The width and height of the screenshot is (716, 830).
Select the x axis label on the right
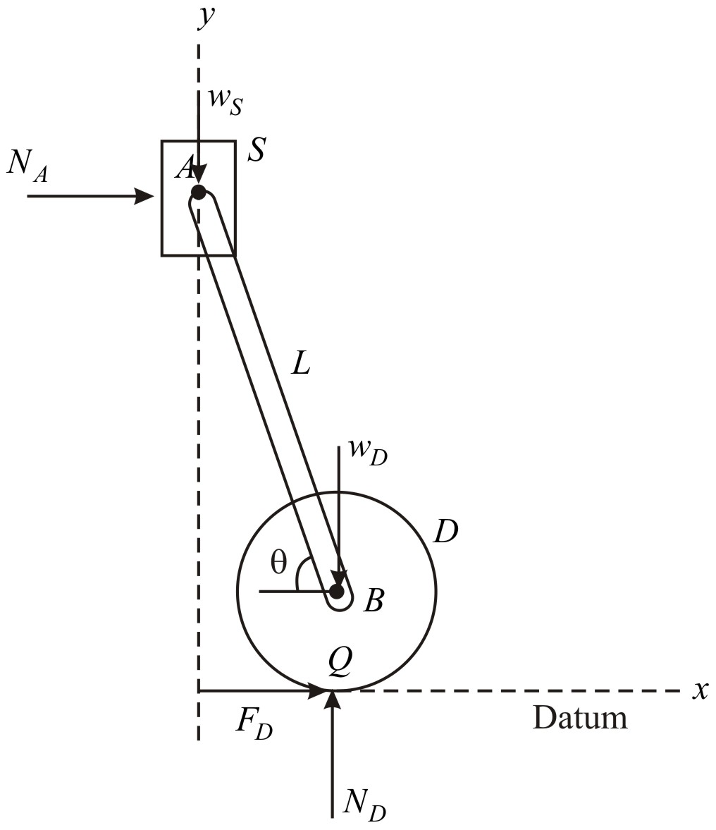[699, 690]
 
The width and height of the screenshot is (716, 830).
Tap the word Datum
[579, 718]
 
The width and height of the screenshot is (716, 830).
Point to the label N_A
[29, 166]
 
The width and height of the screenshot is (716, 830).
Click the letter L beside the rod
[300, 362]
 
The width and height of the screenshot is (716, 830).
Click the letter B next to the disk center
[373, 601]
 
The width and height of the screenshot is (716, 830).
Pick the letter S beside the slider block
[255, 151]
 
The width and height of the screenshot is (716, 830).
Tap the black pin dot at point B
[337, 591]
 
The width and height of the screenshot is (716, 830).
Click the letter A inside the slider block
[183, 169]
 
